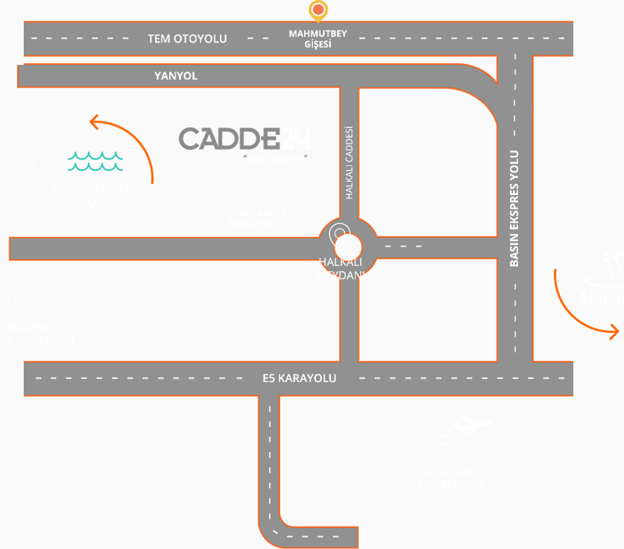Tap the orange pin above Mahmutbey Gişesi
tap(318, 11)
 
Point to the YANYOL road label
tap(176, 76)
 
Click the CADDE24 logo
tap(245, 140)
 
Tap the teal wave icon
tap(95, 161)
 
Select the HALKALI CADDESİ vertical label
tap(349, 163)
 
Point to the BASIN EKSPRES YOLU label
tap(514, 209)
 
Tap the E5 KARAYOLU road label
tap(299, 378)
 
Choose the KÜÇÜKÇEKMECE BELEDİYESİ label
tap(251, 218)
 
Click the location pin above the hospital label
tap(17, 300)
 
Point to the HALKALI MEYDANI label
tap(341, 268)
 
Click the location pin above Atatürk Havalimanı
tap(444, 444)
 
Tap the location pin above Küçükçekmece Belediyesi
tap(251, 188)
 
